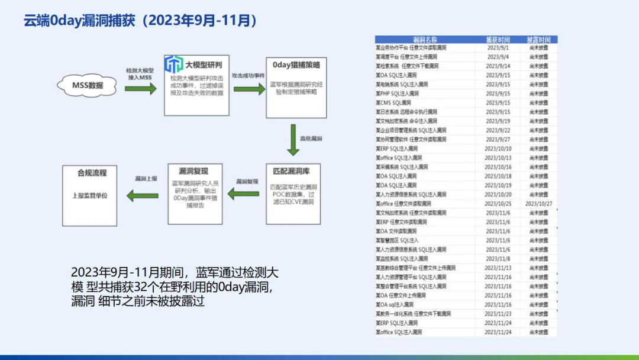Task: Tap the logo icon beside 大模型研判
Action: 173,64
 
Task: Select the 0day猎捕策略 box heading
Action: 296,65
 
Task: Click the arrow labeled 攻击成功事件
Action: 248,88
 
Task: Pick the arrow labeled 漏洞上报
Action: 144,194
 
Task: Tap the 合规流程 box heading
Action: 92,173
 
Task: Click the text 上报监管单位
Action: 92,195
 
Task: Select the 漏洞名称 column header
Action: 425,39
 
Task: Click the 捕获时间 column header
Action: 498,39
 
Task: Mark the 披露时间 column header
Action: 538,39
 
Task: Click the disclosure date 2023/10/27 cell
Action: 538,204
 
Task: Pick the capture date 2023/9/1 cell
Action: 498,48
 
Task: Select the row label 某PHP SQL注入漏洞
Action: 397,94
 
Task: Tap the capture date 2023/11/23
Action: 498,314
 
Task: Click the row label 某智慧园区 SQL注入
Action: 397,240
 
